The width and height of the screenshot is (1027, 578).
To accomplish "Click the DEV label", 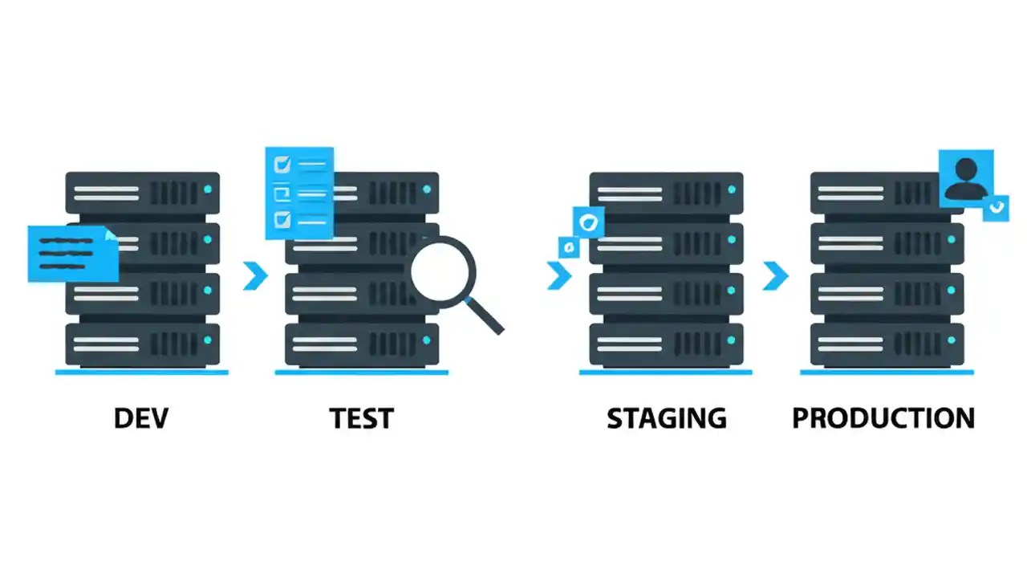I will click(142, 418).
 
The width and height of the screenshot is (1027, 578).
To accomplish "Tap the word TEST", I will click(361, 418).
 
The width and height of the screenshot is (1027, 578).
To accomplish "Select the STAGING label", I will click(666, 418).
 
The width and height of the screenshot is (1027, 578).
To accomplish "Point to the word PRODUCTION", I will click(883, 418).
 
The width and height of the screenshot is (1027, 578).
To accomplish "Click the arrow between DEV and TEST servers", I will click(255, 275).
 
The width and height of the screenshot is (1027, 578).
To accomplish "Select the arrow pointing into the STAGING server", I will click(558, 275).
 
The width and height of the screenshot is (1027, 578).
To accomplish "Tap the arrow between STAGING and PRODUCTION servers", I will click(775, 275).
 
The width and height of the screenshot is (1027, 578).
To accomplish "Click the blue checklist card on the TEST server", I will click(299, 193).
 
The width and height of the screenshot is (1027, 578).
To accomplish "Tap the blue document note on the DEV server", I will click(72, 253).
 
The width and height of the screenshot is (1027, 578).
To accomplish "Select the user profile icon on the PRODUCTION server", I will click(966, 177).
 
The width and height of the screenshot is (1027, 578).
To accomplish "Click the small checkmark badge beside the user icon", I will click(997, 207).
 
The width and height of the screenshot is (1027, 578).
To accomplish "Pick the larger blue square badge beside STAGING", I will click(588, 222).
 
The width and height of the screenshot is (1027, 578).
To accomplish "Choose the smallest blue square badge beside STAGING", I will click(569, 246).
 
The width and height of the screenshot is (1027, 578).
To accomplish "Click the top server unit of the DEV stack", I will click(142, 193).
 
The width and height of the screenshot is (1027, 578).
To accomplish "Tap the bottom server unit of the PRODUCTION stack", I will click(887, 344).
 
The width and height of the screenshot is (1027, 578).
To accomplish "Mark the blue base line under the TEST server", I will click(361, 372).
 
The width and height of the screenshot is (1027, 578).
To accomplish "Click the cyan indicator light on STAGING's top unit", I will click(732, 189).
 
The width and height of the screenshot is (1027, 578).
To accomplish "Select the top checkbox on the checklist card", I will click(282, 165).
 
